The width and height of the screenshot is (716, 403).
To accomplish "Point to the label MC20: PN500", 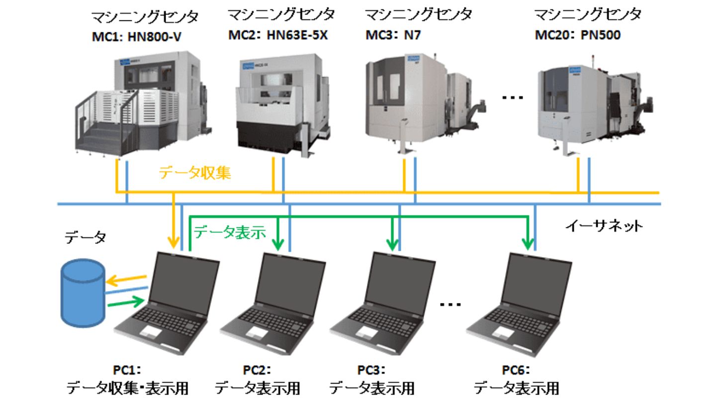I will [x=577, y=36].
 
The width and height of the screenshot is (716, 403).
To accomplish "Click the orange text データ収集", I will [x=195, y=173].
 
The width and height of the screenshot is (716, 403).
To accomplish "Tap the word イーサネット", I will [x=604, y=226].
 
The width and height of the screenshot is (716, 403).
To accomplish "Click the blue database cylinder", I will [x=82, y=295].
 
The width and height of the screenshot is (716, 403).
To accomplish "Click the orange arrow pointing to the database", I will [x=127, y=280].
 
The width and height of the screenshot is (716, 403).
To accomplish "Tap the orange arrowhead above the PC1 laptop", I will [x=174, y=243].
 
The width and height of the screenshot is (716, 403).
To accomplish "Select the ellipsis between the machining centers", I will [x=513, y=98].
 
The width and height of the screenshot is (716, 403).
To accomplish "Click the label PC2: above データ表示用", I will [x=257, y=371].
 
